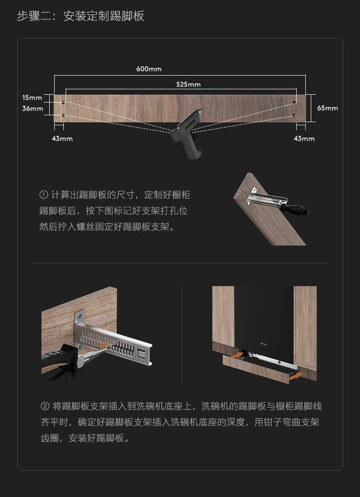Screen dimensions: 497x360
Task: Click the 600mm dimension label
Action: tap(149, 69)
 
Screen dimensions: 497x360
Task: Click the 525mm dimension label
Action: tap(188, 84)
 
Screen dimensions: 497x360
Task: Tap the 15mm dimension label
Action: tap(32, 97)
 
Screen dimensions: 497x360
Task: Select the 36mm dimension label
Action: tap(32, 108)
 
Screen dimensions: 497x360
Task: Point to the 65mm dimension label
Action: tap(328, 108)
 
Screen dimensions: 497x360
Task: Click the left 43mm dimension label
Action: tap(62, 138)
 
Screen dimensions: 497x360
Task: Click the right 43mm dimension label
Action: tap(304, 138)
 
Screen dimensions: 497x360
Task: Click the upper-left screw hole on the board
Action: tap(63, 102)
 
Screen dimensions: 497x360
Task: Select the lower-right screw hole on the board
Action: tap(294, 115)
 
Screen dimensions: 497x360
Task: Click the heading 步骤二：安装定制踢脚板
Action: tap(81, 16)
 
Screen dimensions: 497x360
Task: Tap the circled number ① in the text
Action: tap(44, 195)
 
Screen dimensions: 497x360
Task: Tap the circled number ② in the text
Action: tap(45, 406)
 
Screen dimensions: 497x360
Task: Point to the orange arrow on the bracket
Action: tap(105, 346)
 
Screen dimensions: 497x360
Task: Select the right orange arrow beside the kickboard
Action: tap(295, 376)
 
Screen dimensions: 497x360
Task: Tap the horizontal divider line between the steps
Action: tap(180, 263)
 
